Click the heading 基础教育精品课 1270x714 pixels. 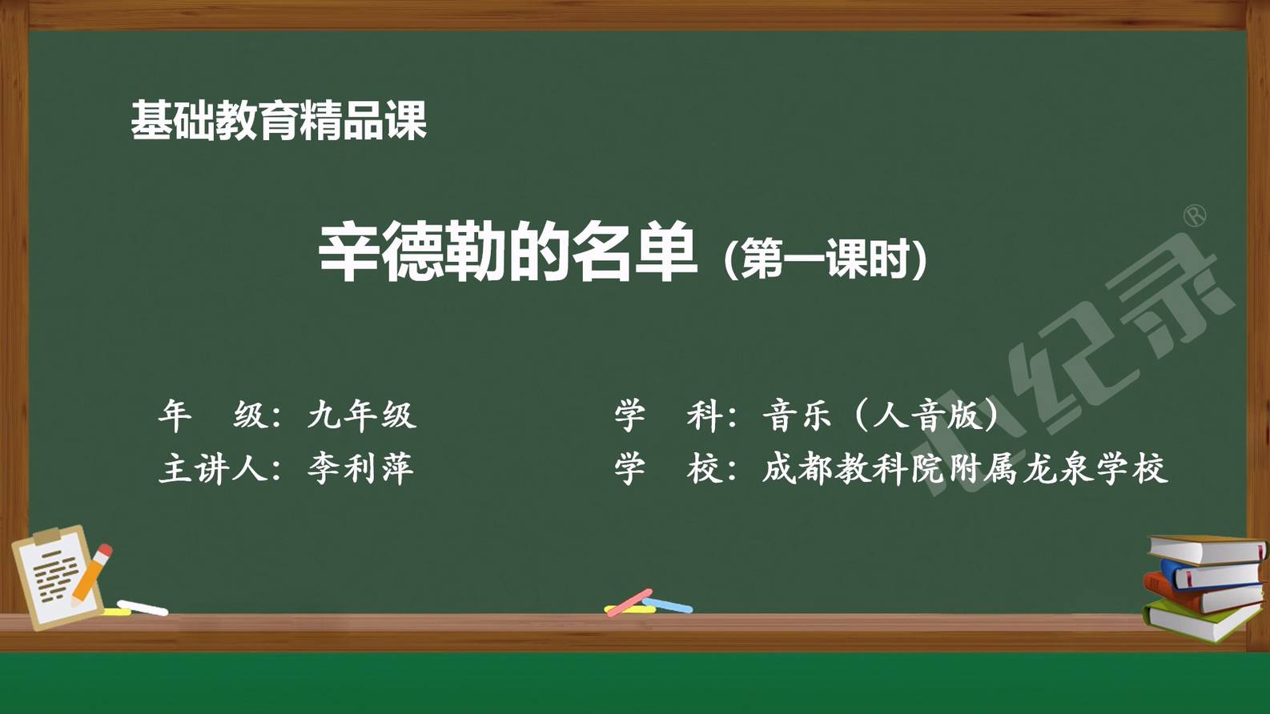pos(279,120)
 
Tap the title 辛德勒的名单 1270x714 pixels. pos(508,251)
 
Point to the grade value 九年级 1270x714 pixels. pos(362,415)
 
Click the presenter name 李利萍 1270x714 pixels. pos(360,468)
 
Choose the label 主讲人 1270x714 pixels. pos(215,468)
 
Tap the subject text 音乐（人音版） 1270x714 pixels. pos(880,415)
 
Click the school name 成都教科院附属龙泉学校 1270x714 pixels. pos(964,468)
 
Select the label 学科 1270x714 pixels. pos(668,415)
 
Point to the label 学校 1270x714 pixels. pos(668,468)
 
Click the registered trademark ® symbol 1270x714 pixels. pos(1195,216)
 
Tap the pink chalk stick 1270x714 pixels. pos(629,603)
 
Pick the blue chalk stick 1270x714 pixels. pos(668,605)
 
